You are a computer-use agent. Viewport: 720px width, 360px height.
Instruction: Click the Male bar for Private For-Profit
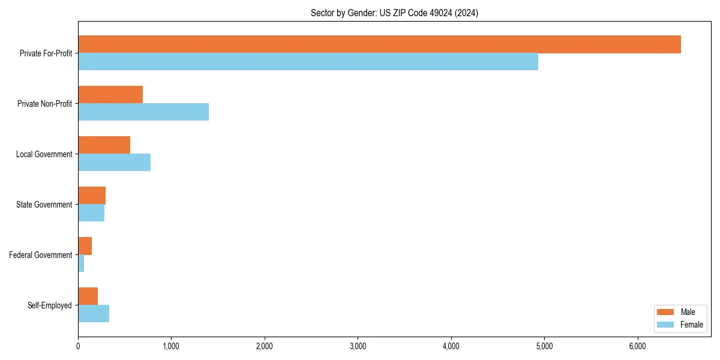[379, 44]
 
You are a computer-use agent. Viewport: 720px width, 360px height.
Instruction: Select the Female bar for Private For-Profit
[308, 62]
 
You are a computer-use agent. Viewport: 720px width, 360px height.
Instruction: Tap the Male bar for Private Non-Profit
[110, 95]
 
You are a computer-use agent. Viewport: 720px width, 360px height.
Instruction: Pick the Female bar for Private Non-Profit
[143, 112]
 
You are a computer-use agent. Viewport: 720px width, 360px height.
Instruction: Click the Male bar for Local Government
[104, 145]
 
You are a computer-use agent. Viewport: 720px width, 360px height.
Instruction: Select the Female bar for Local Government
[114, 163]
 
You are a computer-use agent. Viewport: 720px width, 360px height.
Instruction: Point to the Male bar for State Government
[92, 196]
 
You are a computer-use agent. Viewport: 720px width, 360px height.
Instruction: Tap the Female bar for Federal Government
[81, 263]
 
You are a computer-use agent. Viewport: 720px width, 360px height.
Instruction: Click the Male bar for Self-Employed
[88, 296]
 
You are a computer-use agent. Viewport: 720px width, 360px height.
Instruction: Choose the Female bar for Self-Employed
[94, 314]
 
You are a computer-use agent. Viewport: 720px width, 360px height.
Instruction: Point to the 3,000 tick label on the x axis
[358, 346]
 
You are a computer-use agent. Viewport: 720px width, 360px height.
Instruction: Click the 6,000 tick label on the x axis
[637, 346]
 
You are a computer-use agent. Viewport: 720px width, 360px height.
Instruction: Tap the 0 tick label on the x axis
[78, 346]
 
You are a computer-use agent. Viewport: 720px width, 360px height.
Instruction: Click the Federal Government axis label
[41, 255]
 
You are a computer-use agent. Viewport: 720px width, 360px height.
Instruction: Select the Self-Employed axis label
[50, 305]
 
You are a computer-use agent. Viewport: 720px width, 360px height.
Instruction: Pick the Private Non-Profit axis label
[45, 104]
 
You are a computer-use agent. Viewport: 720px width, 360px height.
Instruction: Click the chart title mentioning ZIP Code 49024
[394, 13]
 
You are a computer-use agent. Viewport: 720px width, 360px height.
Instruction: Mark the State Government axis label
[44, 205]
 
